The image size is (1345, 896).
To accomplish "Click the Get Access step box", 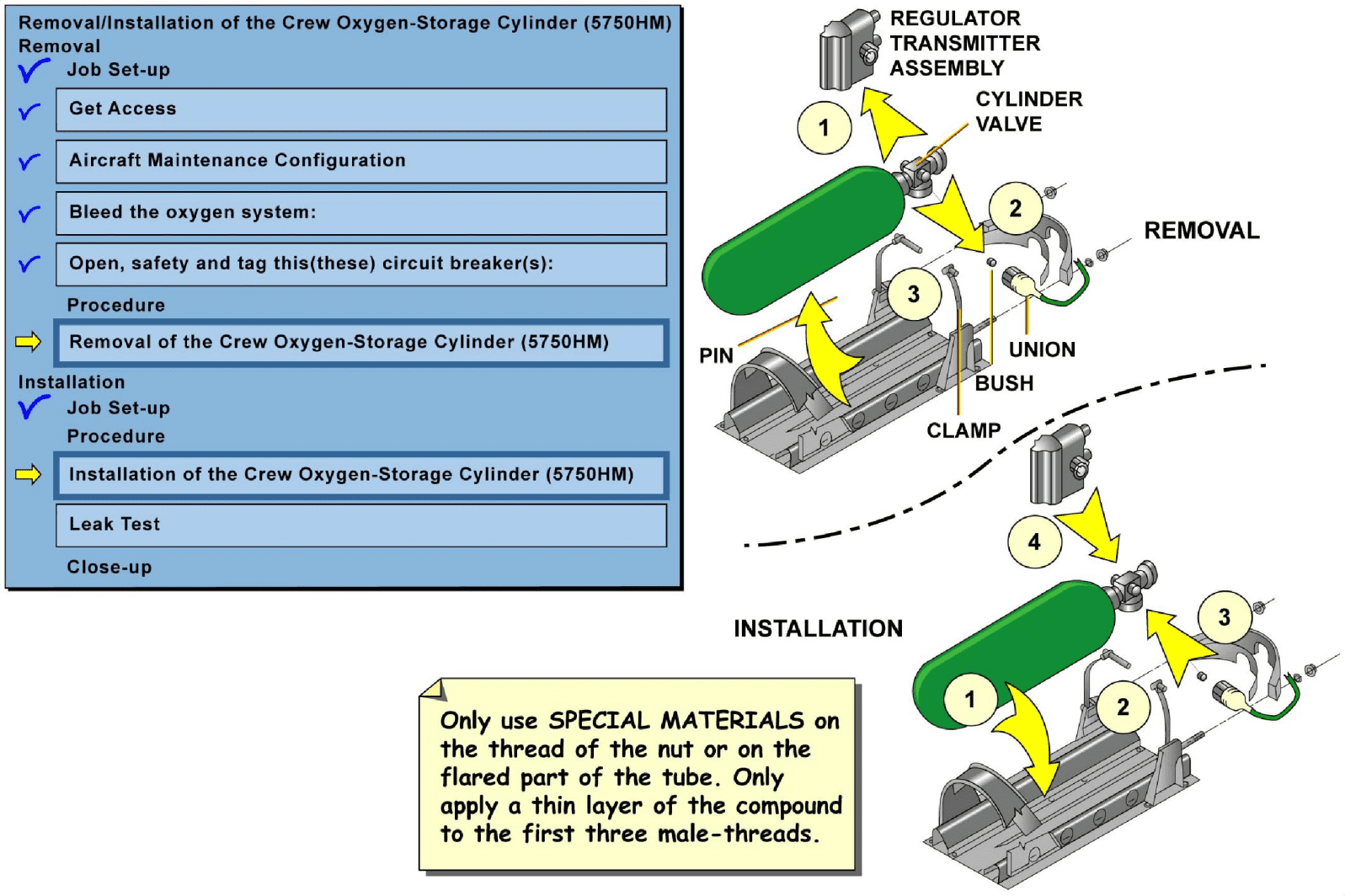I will pos(360,109).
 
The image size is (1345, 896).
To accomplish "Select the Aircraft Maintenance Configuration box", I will pos(360,161).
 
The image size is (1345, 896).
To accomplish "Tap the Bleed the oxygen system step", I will pos(360,213).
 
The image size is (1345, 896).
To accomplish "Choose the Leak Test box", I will pos(360,525).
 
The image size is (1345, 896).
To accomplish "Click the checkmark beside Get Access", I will pos(29,110).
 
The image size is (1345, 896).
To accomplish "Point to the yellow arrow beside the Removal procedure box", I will pos(29,341).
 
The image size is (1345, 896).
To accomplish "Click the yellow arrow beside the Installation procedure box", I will pos(29,474).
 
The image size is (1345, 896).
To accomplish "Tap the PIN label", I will pos(716,355).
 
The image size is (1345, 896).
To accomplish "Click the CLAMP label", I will pos(963,430).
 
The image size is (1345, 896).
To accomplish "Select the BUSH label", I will pos(1004,383).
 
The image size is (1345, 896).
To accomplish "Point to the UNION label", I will pos(1042,349).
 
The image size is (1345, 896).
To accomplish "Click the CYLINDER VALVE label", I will pos(1028,111).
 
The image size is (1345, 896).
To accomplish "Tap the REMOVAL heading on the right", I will pos(1201,231).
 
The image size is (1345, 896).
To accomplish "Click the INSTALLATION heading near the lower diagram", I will pos(818,628).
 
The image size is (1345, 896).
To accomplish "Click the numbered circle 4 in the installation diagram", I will pos(1033,541).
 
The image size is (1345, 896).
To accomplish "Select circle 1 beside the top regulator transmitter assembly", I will pos(824,128).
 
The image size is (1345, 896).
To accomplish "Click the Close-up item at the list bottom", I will pos(109,567).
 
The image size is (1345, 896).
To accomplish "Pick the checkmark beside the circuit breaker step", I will pos(29,264).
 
